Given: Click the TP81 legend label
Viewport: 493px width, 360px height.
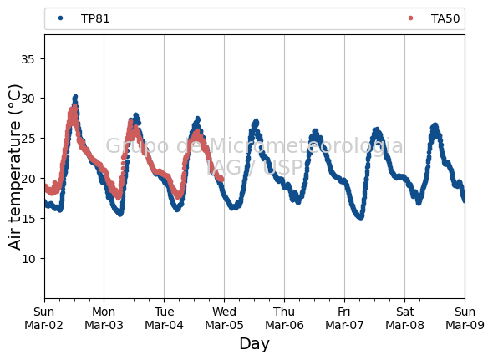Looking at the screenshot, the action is point(95,19).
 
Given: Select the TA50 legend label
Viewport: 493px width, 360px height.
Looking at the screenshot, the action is point(445,19).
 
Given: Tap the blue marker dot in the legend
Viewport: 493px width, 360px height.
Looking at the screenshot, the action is point(61,18).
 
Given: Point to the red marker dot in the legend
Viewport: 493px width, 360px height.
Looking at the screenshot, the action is point(410,18).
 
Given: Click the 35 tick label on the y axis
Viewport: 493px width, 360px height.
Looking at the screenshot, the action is point(28,59).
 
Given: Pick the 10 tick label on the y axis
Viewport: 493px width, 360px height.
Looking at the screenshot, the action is point(28,259).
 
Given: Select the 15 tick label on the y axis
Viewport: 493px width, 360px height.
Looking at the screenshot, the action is point(28,219).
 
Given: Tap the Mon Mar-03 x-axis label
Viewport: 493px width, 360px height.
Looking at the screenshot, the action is point(104,318).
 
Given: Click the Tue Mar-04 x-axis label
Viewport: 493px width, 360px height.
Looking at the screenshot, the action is point(164,318).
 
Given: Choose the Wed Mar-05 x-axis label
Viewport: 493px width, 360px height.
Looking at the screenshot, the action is point(224,318).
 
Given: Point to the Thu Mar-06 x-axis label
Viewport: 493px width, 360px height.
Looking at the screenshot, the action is point(284,318).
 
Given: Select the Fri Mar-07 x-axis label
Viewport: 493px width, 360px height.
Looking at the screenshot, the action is point(344,318).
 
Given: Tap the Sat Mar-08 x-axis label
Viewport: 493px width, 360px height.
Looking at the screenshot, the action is point(404,318).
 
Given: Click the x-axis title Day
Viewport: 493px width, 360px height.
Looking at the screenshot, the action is point(254,343).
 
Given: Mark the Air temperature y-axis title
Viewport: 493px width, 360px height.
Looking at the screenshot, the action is point(14,167).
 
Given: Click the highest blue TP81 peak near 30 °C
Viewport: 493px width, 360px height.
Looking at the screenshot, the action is point(75,97).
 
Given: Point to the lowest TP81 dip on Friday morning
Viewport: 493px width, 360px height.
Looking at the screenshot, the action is point(361,217).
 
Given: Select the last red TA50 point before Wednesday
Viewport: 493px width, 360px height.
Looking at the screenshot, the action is point(221,180).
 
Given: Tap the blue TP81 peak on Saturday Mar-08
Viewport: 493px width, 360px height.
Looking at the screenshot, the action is point(435,126).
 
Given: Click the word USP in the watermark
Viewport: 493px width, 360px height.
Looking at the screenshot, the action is point(282,168).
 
